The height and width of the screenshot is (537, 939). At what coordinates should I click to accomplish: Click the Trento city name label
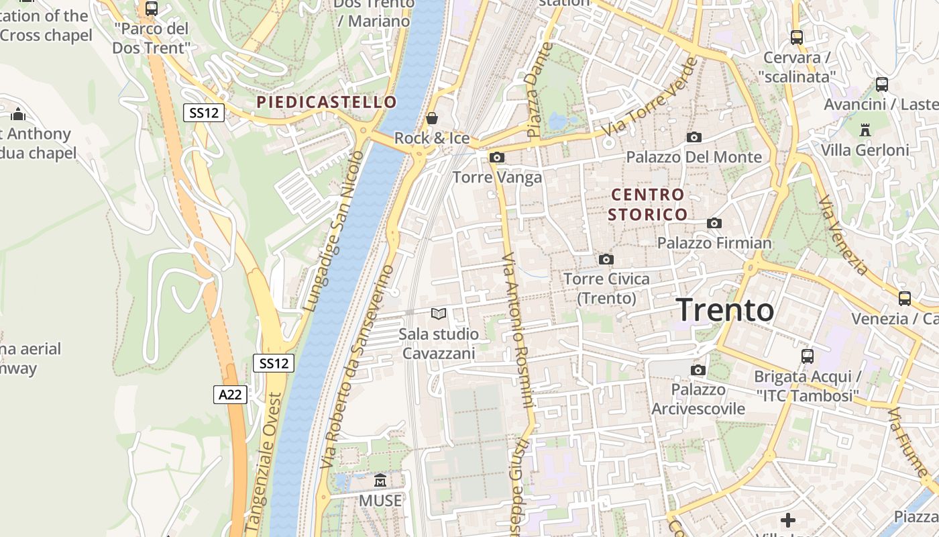point(725,310)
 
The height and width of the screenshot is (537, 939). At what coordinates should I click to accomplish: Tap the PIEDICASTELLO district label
point(327,102)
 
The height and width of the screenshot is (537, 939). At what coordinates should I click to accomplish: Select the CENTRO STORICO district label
point(648,205)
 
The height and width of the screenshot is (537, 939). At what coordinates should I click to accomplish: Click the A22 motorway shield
point(230,394)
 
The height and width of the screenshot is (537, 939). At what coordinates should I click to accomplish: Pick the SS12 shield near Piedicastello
point(204,113)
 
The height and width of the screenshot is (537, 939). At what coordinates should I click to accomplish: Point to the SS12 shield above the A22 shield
point(274,363)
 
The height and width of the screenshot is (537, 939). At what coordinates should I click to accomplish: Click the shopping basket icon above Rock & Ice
point(432,118)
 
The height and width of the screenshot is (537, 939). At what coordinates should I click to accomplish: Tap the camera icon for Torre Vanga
point(497,157)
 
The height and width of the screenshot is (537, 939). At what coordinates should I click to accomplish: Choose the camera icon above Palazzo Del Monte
point(694,137)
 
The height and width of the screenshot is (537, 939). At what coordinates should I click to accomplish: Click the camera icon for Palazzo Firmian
point(714,223)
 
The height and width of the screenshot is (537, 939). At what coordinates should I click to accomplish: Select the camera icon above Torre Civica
point(606,259)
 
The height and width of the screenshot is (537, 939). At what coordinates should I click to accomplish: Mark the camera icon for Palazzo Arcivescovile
point(698,370)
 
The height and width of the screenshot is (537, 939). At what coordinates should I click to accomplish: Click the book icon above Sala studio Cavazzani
point(439,313)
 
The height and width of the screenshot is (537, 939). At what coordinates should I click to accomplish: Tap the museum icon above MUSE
point(380,480)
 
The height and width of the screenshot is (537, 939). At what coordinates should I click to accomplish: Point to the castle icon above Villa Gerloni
point(865,130)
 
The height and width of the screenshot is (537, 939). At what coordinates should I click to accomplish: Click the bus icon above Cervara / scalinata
point(797,38)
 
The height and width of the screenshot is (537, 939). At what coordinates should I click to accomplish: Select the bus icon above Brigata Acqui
point(808,356)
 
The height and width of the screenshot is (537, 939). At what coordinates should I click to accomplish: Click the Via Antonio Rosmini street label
point(518,330)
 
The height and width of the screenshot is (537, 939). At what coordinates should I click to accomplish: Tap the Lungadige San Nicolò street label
point(333,231)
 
